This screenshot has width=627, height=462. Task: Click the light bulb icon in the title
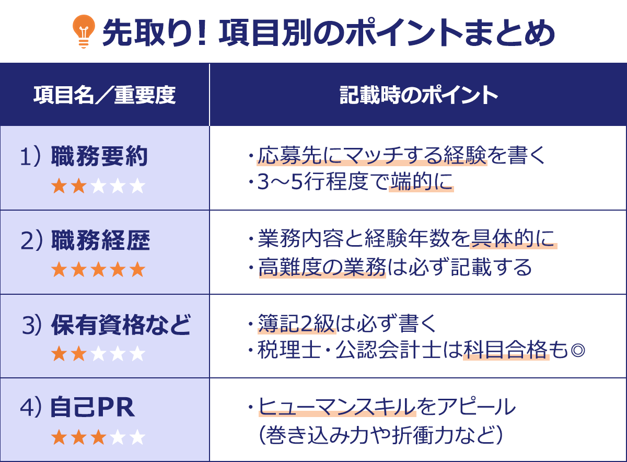[83, 32]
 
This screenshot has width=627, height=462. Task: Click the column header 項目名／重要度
[104, 95]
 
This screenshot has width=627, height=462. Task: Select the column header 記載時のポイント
[418, 95]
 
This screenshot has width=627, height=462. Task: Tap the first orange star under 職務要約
[59, 187]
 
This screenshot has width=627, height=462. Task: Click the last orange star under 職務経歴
[137, 270]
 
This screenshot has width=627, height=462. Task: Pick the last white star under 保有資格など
[137, 354]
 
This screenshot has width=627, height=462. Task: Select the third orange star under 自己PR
[98, 437]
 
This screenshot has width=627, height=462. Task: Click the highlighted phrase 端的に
[421, 183]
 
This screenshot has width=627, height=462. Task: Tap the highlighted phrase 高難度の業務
[322, 268]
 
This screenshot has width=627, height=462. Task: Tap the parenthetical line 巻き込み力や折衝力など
[380, 435]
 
